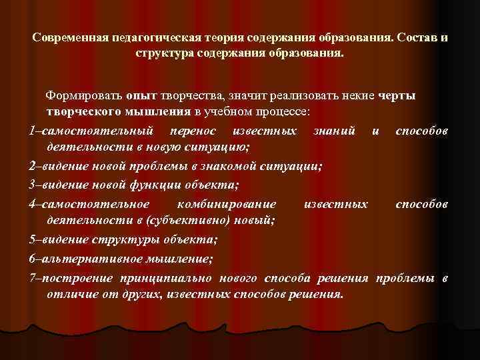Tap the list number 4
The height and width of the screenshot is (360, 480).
click(33, 203)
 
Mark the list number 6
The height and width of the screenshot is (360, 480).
click(33, 257)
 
